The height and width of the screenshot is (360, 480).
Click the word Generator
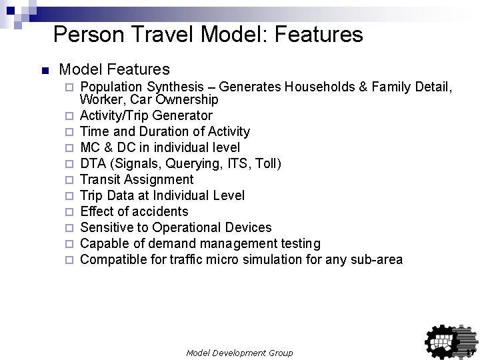[183, 115]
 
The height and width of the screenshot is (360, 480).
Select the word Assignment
[158, 179]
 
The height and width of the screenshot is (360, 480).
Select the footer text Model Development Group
[239, 352]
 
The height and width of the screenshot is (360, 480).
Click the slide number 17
[469, 352]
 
